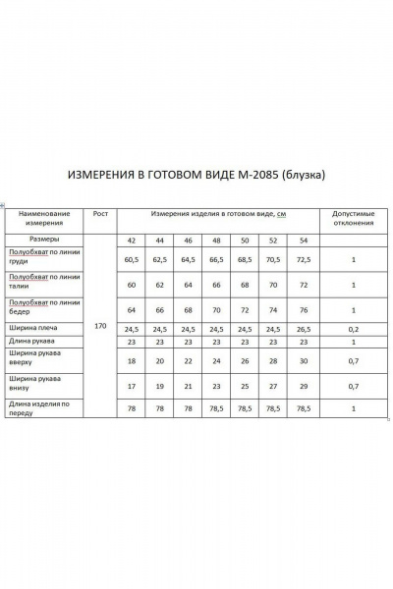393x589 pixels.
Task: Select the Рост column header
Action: click(99, 213)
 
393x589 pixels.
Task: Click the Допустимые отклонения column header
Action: click(353, 217)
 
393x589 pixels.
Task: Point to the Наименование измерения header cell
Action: click(44, 217)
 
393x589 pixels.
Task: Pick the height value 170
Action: click(99, 323)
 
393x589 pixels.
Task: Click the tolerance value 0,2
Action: click(353, 329)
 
